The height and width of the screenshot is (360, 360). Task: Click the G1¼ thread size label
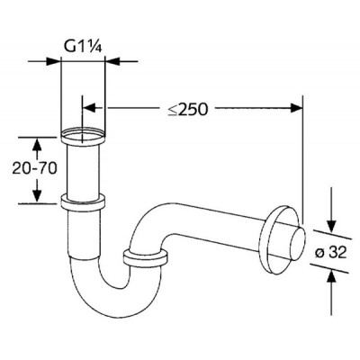click(x=83, y=46)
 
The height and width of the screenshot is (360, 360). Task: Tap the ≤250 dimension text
click(x=188, y=110)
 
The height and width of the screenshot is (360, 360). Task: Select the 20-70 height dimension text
click(x=34, y=169)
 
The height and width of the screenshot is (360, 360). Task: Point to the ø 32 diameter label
click(x=331, y=252)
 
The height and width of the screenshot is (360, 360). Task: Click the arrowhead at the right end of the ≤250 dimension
click(x=296, y=108)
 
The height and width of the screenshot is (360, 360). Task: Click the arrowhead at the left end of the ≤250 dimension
click(x=88, y=108)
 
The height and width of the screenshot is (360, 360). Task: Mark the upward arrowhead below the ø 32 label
click(x=331, y=275)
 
